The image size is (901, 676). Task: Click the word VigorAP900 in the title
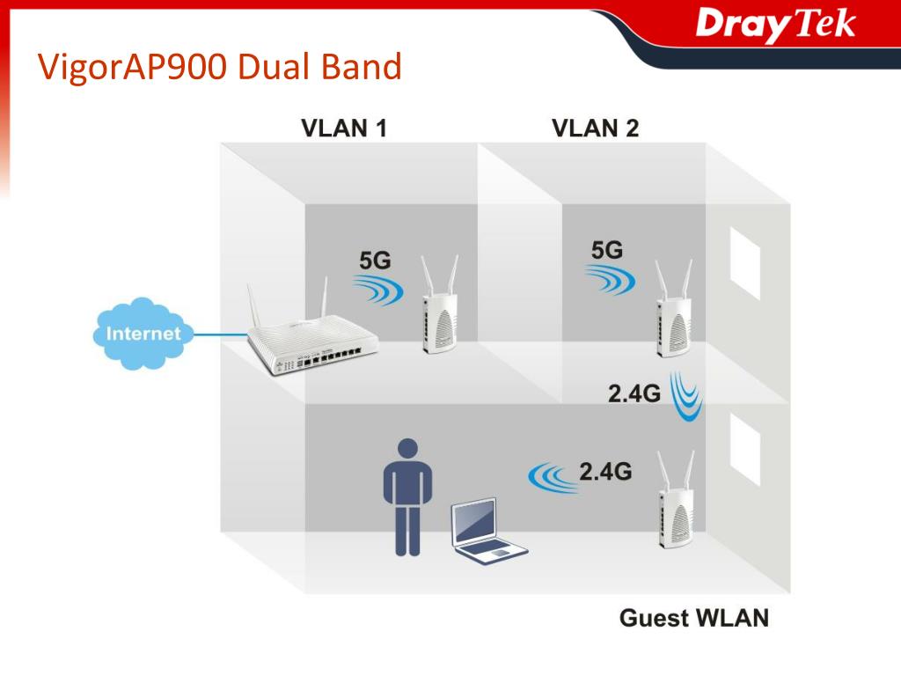134,67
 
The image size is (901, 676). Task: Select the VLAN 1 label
344,129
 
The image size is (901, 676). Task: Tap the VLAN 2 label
595,129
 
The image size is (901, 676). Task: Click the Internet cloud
143,334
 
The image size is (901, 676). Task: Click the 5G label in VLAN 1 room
375,261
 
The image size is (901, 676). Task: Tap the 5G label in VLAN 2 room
607,250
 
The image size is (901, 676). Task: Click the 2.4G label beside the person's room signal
605,472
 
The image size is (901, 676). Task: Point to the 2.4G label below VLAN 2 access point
634,393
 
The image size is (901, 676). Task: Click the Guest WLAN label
694,618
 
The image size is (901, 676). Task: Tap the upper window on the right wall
745,263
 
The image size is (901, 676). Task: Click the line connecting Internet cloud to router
221,334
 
